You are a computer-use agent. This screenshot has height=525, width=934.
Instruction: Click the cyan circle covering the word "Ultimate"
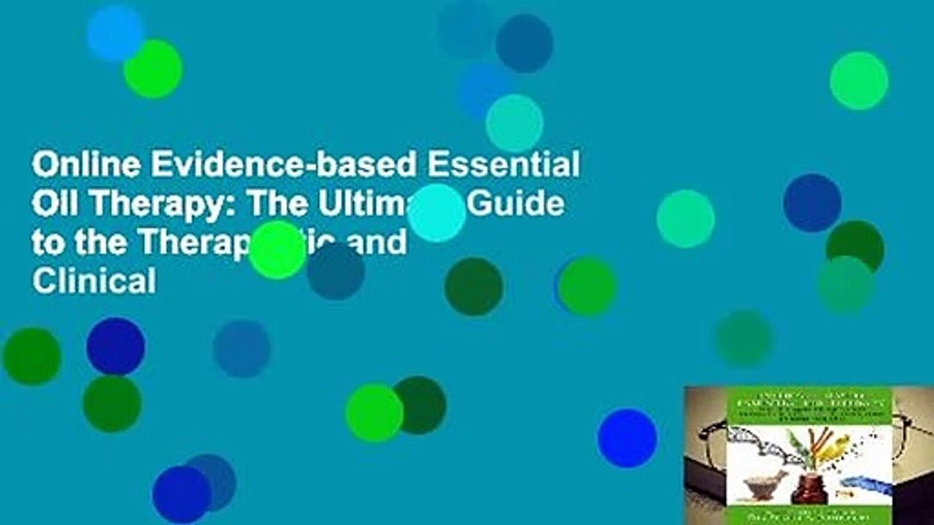point(436,213)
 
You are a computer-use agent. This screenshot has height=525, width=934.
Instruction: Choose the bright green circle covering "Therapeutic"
point(277,250)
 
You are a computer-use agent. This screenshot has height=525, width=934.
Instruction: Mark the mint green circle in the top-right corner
point(859,80)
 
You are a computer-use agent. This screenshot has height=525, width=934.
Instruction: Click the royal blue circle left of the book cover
point(627,437)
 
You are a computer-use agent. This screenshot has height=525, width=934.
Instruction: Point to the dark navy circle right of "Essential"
point(812,203)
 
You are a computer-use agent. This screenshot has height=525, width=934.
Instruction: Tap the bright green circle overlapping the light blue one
point(153,69)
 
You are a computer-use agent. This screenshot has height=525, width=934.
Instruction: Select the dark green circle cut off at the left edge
point(32,356)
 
